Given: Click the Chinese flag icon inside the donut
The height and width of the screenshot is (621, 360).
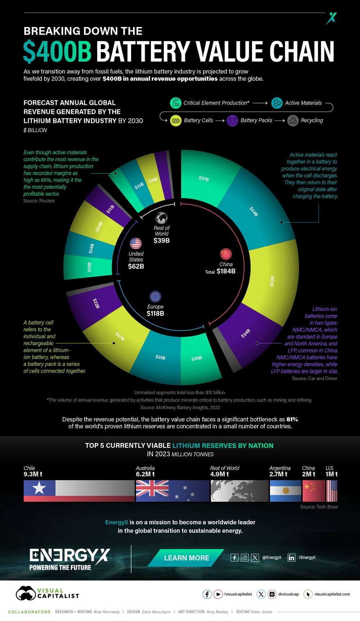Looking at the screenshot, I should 226,254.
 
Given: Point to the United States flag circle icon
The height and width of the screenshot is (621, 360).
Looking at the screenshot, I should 136,244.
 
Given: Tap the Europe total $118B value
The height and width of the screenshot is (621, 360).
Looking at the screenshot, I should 155,313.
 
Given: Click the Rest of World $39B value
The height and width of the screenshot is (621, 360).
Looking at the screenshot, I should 161,240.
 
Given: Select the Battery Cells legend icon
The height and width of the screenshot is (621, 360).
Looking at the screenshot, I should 176,121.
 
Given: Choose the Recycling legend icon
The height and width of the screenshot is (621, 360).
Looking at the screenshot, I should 293,121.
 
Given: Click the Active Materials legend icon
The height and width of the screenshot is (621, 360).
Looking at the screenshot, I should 277,103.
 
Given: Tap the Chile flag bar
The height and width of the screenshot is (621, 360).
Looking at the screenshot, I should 79,491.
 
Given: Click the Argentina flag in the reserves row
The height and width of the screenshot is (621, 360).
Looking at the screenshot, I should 285,491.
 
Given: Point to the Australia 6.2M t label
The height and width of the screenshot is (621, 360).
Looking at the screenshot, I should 145,474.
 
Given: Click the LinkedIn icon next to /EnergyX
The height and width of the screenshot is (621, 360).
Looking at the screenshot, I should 291,558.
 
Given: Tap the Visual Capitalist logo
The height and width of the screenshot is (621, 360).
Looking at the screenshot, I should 47,593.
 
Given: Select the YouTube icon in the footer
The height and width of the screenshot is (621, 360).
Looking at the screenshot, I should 218,594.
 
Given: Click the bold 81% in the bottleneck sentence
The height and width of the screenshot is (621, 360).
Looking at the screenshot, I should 292,419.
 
